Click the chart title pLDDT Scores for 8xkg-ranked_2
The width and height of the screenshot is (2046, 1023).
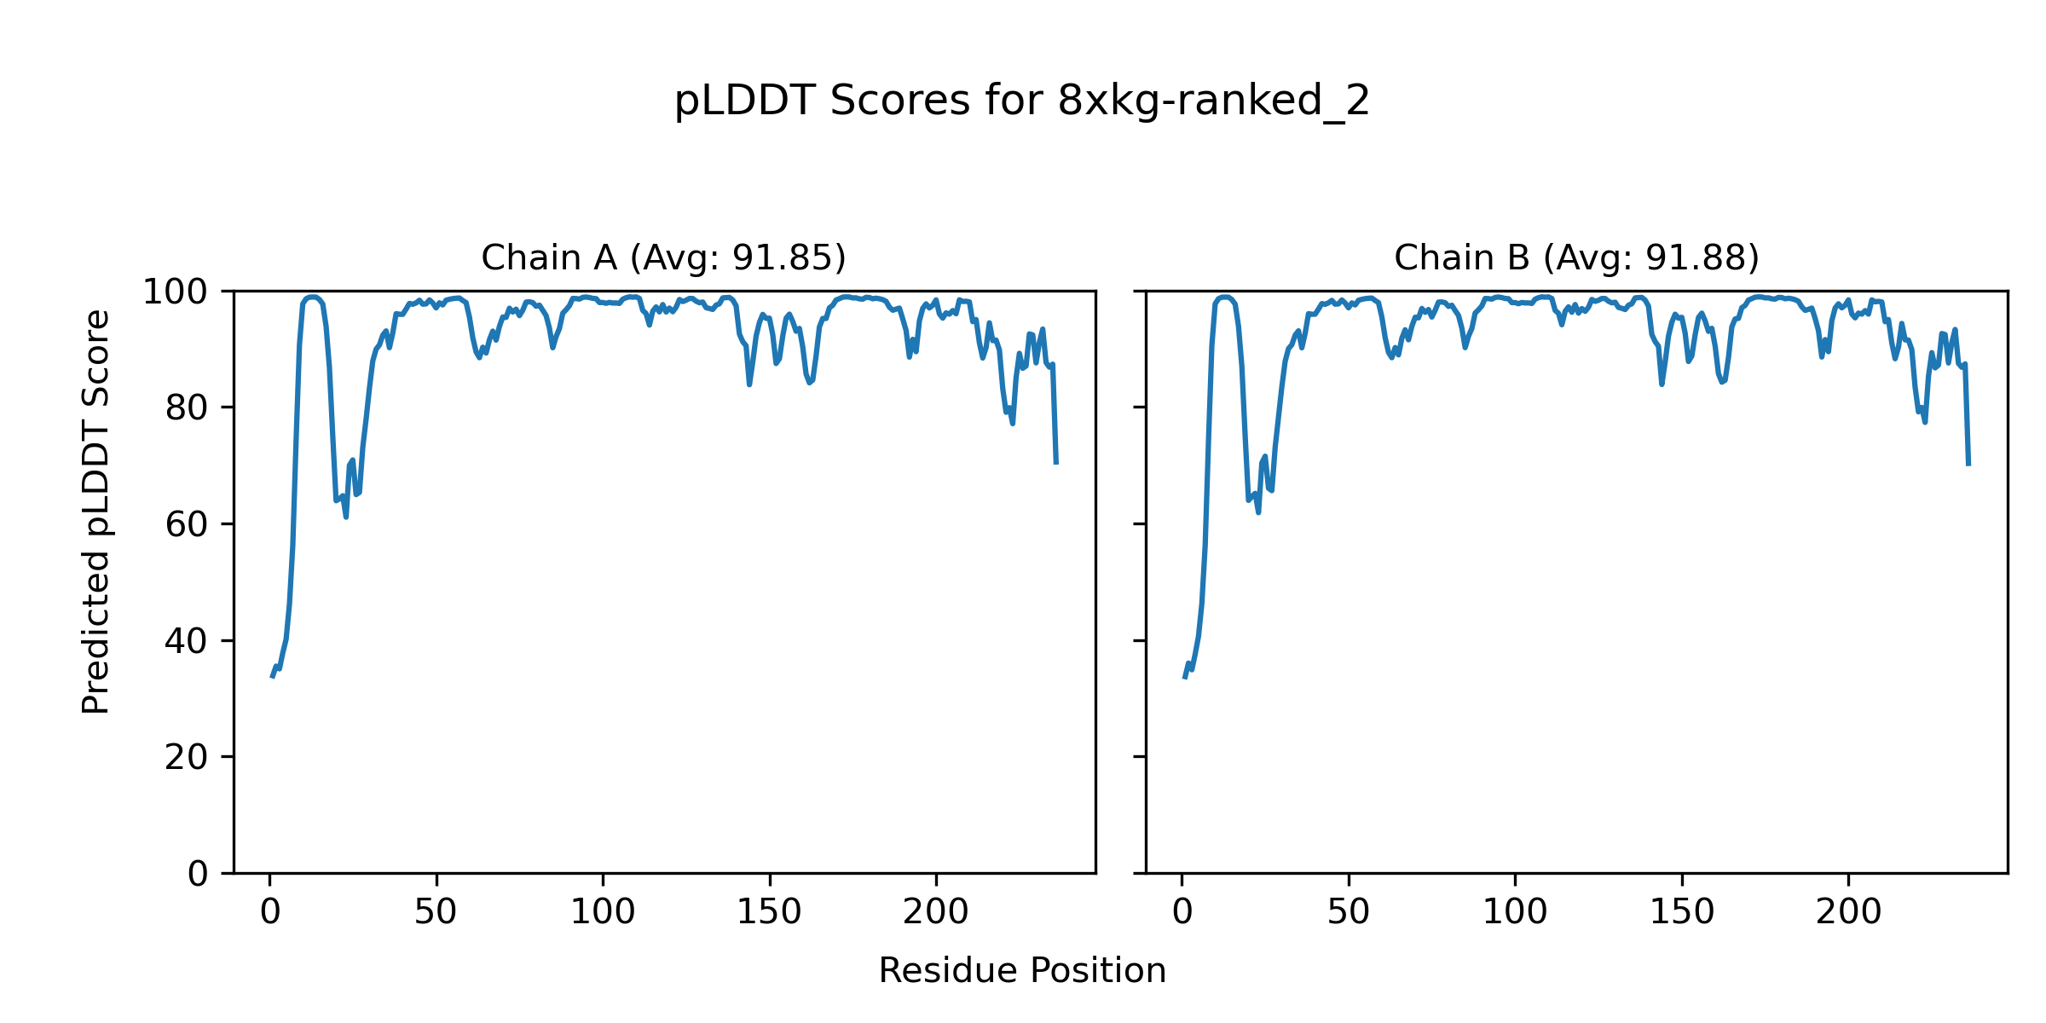1021,101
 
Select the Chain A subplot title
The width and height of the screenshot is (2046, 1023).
663,257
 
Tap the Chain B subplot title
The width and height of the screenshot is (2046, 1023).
1576,257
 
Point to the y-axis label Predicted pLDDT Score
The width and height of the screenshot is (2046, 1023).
95,511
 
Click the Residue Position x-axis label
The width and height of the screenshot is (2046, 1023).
1021,971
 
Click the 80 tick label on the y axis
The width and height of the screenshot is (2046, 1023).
187,408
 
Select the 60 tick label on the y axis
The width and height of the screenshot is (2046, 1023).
187,524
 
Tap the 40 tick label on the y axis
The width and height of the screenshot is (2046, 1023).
187,641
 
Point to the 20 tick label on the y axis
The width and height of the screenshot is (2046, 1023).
187,757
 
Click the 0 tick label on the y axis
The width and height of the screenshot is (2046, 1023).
198,874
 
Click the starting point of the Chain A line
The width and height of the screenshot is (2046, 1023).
272,677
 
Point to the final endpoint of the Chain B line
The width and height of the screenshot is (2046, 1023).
1968,465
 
